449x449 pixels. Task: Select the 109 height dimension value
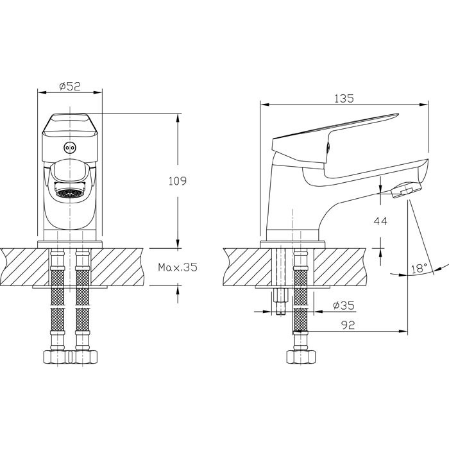pos(178,182)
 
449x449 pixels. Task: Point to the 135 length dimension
pos(344,99)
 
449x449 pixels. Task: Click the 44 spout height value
pos(380,221)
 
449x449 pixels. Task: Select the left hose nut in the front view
pos(53,358)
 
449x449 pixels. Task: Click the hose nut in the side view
pos(300,358)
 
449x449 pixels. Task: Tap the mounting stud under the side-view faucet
pos(280,301)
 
